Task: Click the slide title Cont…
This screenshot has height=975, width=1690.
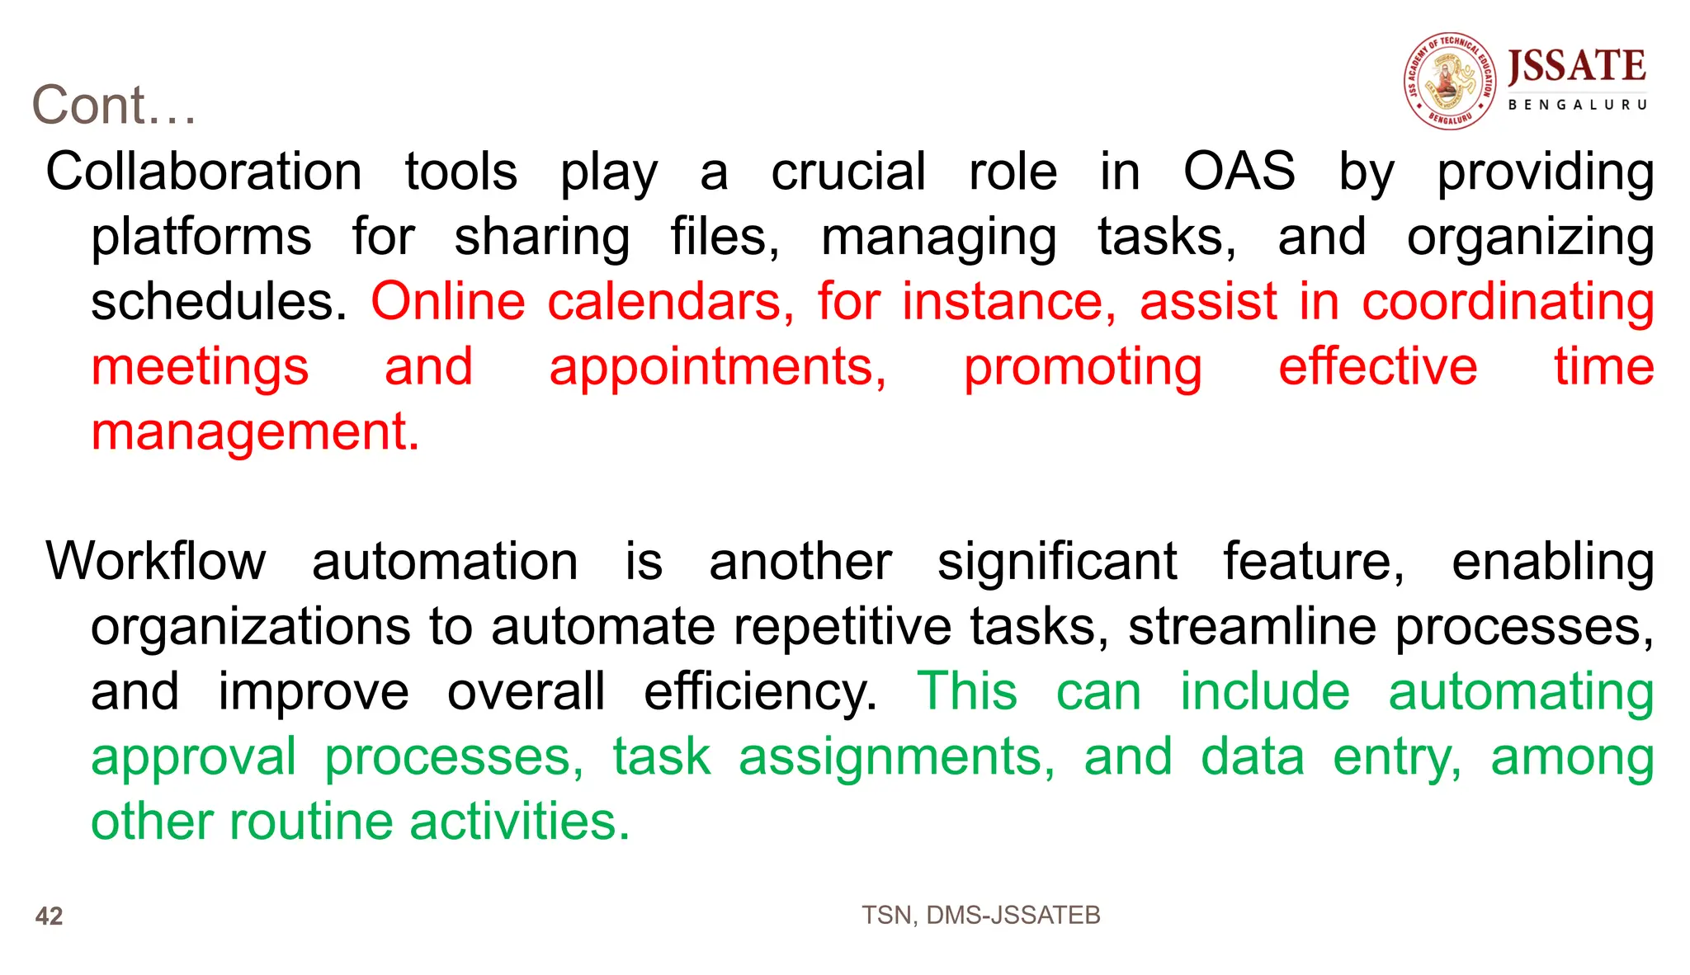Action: click(114, 106)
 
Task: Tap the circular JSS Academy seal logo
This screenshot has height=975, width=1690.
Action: click(1450, 81)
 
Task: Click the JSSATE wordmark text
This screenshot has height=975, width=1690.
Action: click(1576, 66)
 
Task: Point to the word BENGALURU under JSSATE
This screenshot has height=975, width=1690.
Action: click(1577, 105)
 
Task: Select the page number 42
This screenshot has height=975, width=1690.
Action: click(49, 916)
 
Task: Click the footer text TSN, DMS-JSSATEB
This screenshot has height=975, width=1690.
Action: click(980, 915)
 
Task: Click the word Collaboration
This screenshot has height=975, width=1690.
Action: click(203, 172)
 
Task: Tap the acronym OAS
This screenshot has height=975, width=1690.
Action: click(1239, 172)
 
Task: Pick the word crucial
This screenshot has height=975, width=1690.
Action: click(848, 172)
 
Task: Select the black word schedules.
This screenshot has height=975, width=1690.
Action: click(218, 302)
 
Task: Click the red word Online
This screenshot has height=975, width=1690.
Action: click(448, 302)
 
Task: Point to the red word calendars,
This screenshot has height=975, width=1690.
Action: click(671, 302)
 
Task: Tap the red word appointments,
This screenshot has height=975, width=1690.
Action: click(718, 367)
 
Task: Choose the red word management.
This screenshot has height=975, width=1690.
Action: click(254, 432)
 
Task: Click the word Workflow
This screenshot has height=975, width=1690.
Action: click(156, 562)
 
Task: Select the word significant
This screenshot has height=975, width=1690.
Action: click(1057, 562)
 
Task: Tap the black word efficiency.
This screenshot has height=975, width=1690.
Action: click(760, 692)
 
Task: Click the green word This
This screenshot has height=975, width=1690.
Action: click(967, 691)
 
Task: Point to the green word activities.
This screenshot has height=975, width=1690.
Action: click(519, 822)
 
